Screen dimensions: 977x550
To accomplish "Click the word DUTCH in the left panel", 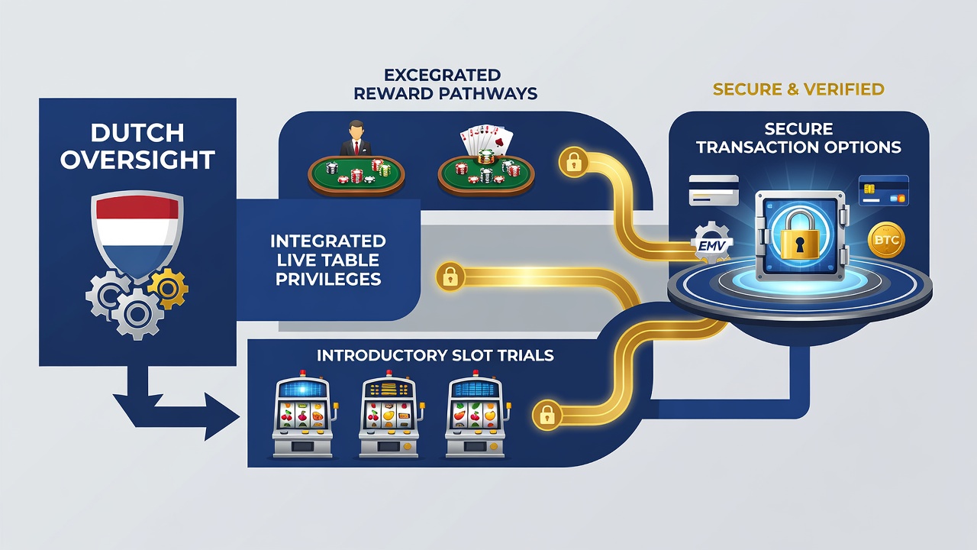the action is pyautogui.click(x=137, y=133).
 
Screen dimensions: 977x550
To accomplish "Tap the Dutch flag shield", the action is pyautogui.click(x=137, y=235).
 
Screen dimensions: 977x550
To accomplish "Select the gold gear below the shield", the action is pyautogui.click(x=168, y=288).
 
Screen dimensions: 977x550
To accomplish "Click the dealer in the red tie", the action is pyautogui.click(x=356, y=138).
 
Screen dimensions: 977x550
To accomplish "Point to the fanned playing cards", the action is pyautogui.click(x=486, y=140).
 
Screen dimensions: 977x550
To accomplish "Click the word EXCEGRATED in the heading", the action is pyautogui.click(x=442, y=75).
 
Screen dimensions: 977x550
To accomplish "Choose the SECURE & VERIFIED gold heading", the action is pyautogui.click(x=798, y=89).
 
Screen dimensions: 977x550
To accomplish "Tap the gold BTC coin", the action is pyautogui.click(x=886, y=240).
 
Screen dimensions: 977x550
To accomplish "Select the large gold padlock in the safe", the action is pyautogui.click(x=800, y=235).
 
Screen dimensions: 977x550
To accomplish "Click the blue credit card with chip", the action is pyautogui.click(x=884, y=190).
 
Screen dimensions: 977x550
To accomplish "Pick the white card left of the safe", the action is pyautogui.click(x=714, y=190).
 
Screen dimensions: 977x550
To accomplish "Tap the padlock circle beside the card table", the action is pyautogui.click(x=573, y=162).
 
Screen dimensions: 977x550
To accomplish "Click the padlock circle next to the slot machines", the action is pyautogui.click(x=547, y=415).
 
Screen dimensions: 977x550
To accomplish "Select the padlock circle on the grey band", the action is pyautogui.click(x=450, y=277).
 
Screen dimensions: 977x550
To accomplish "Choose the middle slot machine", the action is pyautogui.click(x=390, y=414).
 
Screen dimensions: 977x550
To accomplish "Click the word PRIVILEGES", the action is pyautogui.click(x=328, y=279).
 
